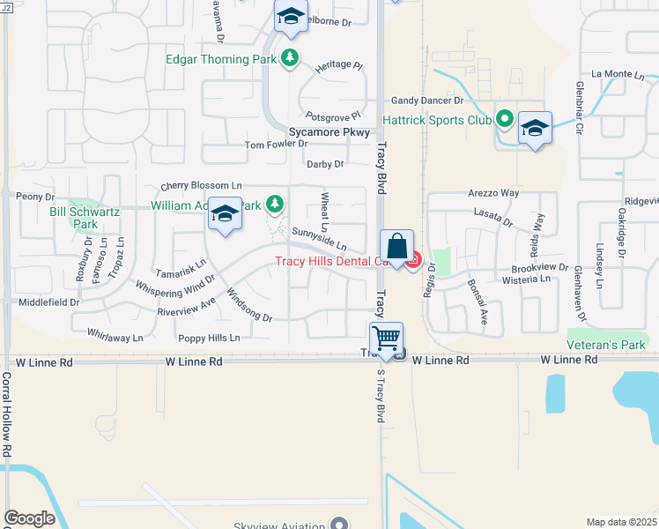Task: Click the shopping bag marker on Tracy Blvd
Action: [396, 246]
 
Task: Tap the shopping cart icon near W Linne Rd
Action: [387, 338]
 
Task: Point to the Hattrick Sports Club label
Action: [436, 119]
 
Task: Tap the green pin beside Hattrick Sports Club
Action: [505, 118]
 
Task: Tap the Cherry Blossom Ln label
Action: [201, 186]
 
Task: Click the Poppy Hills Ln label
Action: [210, 338]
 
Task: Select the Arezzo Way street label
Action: [492, 192]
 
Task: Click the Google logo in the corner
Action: [29, 518]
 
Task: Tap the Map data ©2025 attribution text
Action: [621, 522]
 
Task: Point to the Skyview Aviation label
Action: [278, 525]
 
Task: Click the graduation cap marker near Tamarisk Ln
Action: [226, 215]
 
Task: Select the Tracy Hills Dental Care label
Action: [332, 261]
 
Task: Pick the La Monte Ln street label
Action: [619, 74]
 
